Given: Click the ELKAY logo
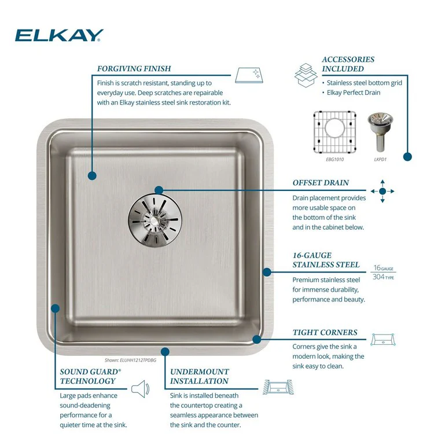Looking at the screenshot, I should [x=59, y=36].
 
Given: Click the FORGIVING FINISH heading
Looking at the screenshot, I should [x=134, y=69].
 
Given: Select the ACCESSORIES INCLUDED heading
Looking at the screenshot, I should [x=348, y=64].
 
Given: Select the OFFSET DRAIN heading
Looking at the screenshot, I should [x=321, y=183].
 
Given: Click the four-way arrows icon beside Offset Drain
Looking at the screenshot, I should [x=382, y=191].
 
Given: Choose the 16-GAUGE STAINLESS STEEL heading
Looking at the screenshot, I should [x=326, y=260].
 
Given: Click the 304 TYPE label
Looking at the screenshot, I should [x=383, y=277].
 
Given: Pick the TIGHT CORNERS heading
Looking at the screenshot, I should [x=325, y=333].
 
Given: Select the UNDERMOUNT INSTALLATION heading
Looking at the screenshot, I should [x=199, y=376].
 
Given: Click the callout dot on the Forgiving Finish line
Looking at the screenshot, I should [x=91, y=174].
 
